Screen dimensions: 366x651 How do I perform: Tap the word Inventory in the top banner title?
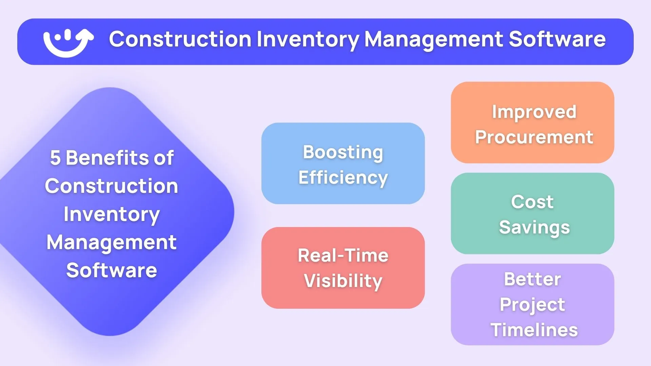308,40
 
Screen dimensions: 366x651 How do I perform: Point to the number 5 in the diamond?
55,158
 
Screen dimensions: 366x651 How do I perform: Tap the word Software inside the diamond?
112,270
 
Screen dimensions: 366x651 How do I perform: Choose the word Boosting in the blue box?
343,152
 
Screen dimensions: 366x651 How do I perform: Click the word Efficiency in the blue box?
343,178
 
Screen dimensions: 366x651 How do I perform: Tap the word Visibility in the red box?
343,281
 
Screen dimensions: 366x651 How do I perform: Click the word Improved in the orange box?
534,112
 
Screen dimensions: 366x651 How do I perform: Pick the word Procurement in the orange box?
534,137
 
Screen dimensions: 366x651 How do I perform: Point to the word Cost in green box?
532,202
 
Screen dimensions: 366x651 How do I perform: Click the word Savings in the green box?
534,227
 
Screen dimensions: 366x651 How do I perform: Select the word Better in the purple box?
532,279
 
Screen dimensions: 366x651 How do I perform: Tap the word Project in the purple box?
532,305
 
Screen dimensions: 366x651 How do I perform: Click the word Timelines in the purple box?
534,330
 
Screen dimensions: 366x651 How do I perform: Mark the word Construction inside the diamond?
112,186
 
